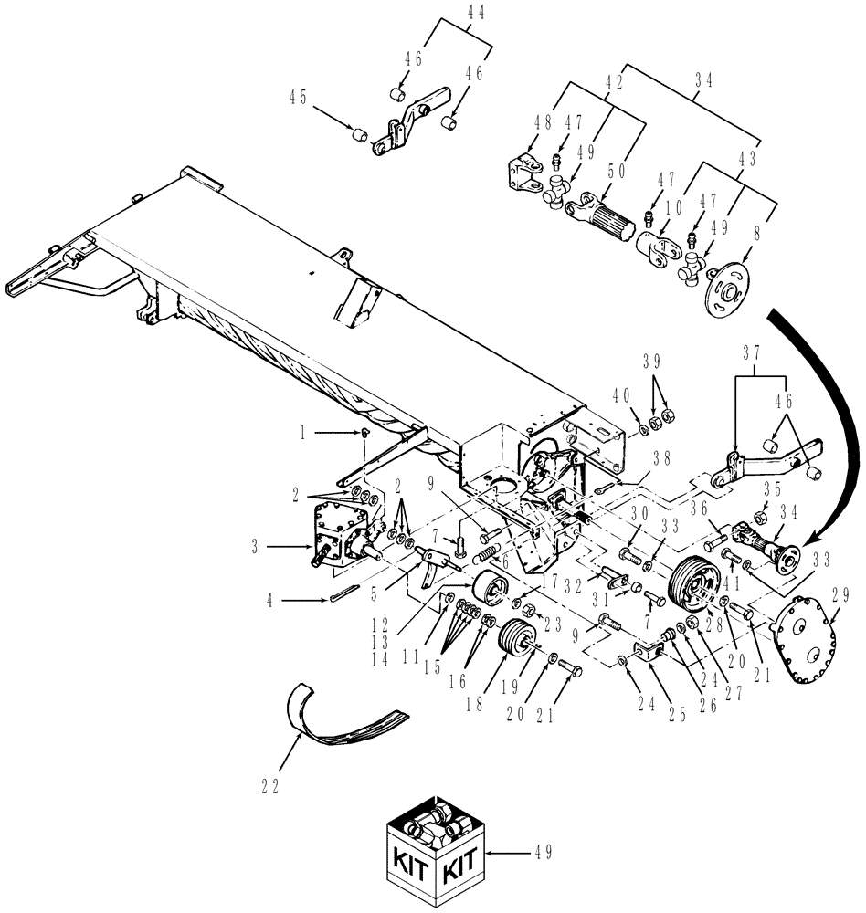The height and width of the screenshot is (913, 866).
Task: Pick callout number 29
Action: tap(840, 603)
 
